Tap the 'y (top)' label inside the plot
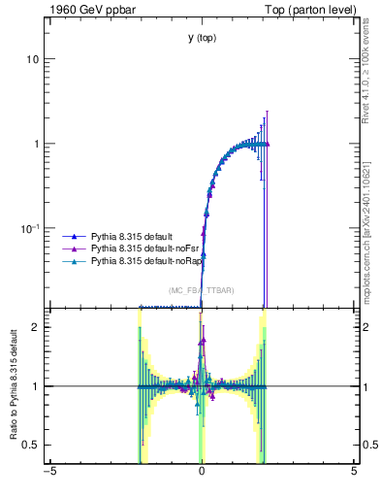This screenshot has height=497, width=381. (202, 38)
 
